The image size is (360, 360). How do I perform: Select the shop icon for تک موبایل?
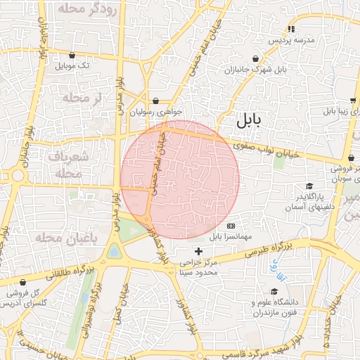(72, 54)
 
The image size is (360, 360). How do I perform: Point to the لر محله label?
(83, 98)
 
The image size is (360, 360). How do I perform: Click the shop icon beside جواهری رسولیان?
(155, 100)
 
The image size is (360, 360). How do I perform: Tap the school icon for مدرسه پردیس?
(290, 29)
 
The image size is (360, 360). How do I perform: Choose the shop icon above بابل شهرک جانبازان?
(255, 58)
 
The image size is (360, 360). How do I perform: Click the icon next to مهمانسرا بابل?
(231, 226)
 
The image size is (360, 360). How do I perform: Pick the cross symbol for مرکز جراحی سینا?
(198, 251)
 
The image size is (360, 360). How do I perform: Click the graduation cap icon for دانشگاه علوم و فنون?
(274, 292)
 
